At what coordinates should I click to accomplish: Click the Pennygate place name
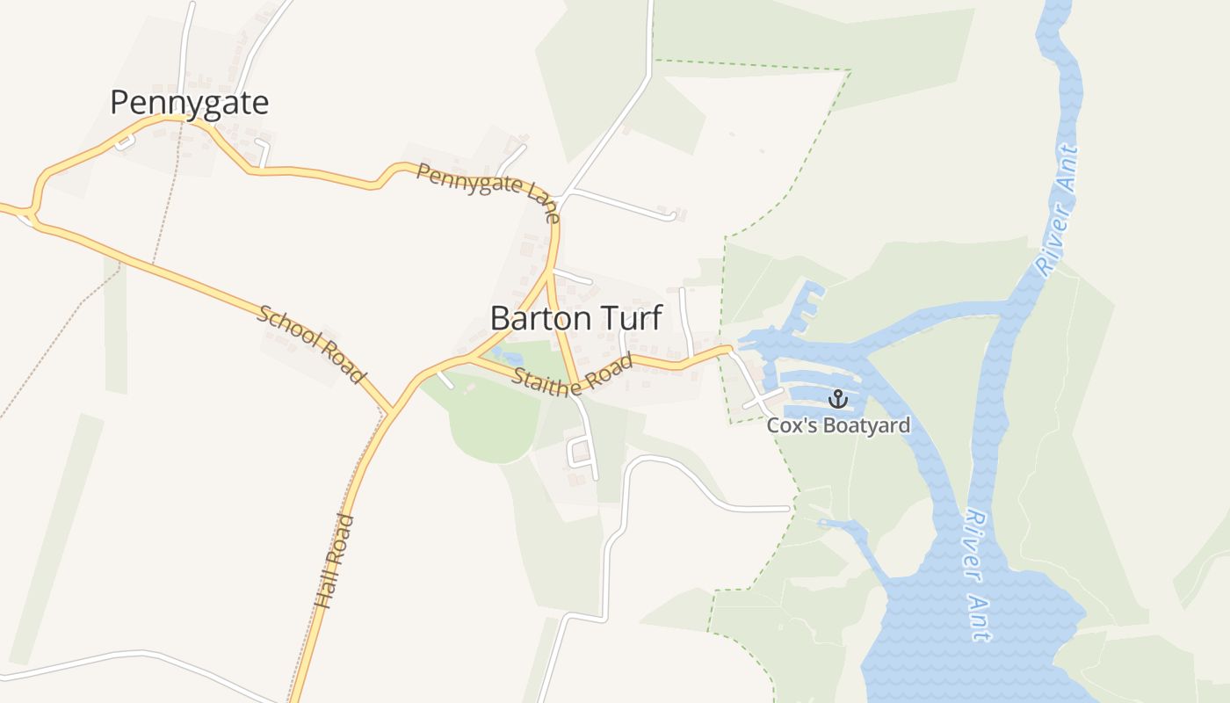click(189, 103)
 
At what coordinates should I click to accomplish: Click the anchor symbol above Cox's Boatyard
click(838, 400)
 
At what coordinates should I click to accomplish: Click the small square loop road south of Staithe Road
click(579, 452)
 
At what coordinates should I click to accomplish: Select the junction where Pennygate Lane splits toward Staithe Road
click(550, 274)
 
